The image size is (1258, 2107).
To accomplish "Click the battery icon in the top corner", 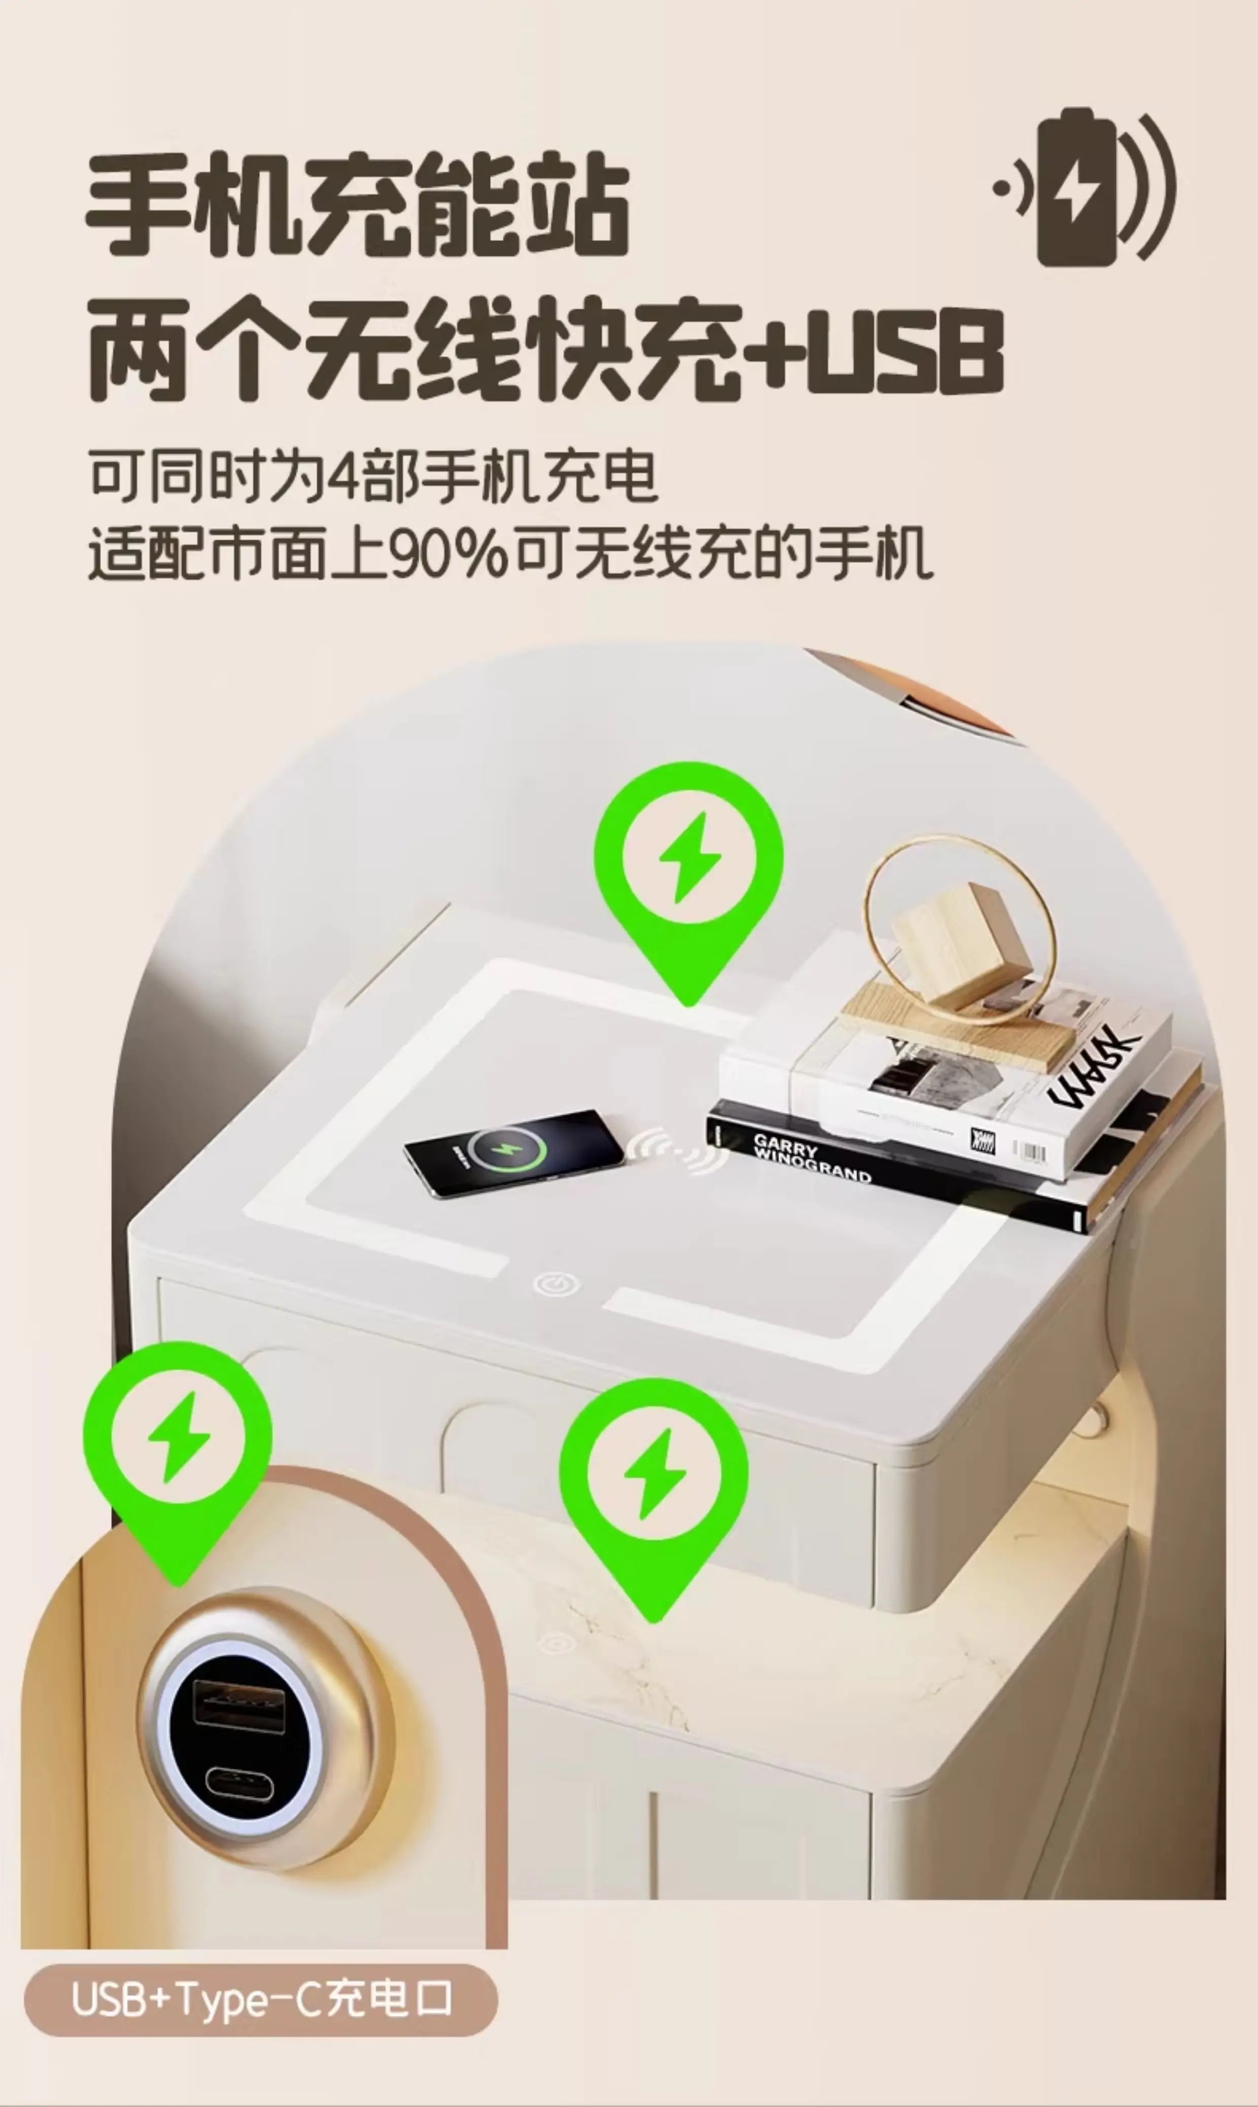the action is click(1078, 187).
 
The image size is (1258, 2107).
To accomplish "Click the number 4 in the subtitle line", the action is click(344, 477).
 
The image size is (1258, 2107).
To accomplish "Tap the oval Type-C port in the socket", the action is click(239, 1783).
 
